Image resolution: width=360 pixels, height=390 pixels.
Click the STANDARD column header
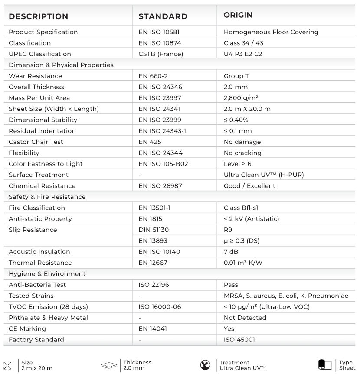[163, 16]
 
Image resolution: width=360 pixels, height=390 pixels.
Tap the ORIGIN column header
[238, 15]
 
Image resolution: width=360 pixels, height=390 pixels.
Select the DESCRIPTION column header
[39, 16]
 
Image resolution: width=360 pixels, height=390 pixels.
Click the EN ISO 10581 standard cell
[159, 32]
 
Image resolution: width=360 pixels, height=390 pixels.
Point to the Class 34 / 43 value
[243, 43]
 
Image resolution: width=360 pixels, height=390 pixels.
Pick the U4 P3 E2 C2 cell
[243, 54]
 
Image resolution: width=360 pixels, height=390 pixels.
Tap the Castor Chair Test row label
[36, 142]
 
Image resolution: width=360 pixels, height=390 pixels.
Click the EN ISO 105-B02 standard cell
[163, 164]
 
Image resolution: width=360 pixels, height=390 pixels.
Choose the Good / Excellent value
[249, 186]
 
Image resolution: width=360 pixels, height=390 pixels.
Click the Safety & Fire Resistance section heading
[47, 197]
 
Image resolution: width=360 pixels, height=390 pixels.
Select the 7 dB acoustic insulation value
[231, 252]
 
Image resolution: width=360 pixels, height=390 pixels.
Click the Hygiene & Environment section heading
[47, 274]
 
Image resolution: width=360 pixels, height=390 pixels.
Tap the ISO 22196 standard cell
[154, 285]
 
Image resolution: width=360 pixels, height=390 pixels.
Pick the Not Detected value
[245, 318]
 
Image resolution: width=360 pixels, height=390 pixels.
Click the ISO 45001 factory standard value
[239, 340]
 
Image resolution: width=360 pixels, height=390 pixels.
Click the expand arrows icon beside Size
[8, 366]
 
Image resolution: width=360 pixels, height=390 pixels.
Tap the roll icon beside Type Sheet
[324, 365]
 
